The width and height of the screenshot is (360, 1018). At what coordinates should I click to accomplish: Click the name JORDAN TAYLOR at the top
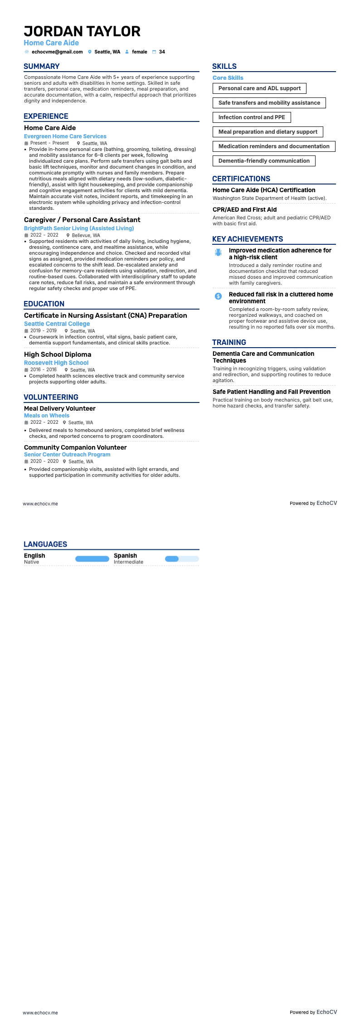(x=82, y=31)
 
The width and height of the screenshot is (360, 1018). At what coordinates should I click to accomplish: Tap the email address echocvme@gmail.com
(x=57, y=52)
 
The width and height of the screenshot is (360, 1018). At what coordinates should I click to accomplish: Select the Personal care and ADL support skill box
(x=259, y=88)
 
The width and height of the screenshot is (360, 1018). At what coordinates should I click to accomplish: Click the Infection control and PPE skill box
(x=252, y=117)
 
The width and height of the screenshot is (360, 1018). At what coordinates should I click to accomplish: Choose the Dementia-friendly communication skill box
(x=264, y=161)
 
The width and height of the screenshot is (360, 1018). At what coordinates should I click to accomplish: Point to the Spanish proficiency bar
(x=182, y=559)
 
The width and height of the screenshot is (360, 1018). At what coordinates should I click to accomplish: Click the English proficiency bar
(x=92, y=559)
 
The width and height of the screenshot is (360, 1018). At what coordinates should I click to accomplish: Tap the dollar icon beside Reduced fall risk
(x=218, y=296)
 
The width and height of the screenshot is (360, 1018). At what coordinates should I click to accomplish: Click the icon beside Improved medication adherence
(x=218, y=252)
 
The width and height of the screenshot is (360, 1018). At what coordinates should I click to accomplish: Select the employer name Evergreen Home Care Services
(x=65, y=136)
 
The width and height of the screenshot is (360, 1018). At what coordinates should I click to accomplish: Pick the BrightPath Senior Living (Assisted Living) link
(x=79, y=228)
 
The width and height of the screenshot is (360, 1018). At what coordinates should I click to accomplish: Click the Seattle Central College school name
(x=57, y=324)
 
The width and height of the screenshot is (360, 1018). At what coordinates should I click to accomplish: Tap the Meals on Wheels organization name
(x=47, y=416)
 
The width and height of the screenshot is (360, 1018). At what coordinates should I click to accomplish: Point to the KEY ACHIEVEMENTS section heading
(x=248, y=239)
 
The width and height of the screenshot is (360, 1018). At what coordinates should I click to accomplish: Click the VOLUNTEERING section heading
(x=51, y=397)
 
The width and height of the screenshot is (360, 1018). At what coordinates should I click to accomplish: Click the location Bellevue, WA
(x=86, y=235)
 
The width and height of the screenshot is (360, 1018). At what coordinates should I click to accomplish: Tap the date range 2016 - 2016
(x=44, y=370)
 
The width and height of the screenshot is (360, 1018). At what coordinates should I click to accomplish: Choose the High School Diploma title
(x=58, y=354)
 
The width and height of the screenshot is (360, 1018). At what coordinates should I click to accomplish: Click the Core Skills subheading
(x=228, y=78)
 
